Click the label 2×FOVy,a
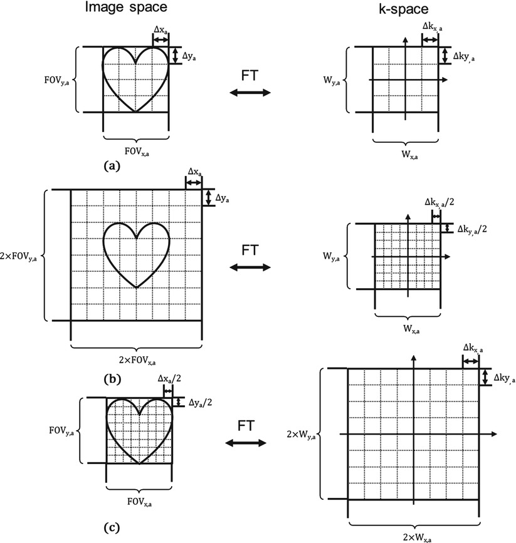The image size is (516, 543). (22, 256)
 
